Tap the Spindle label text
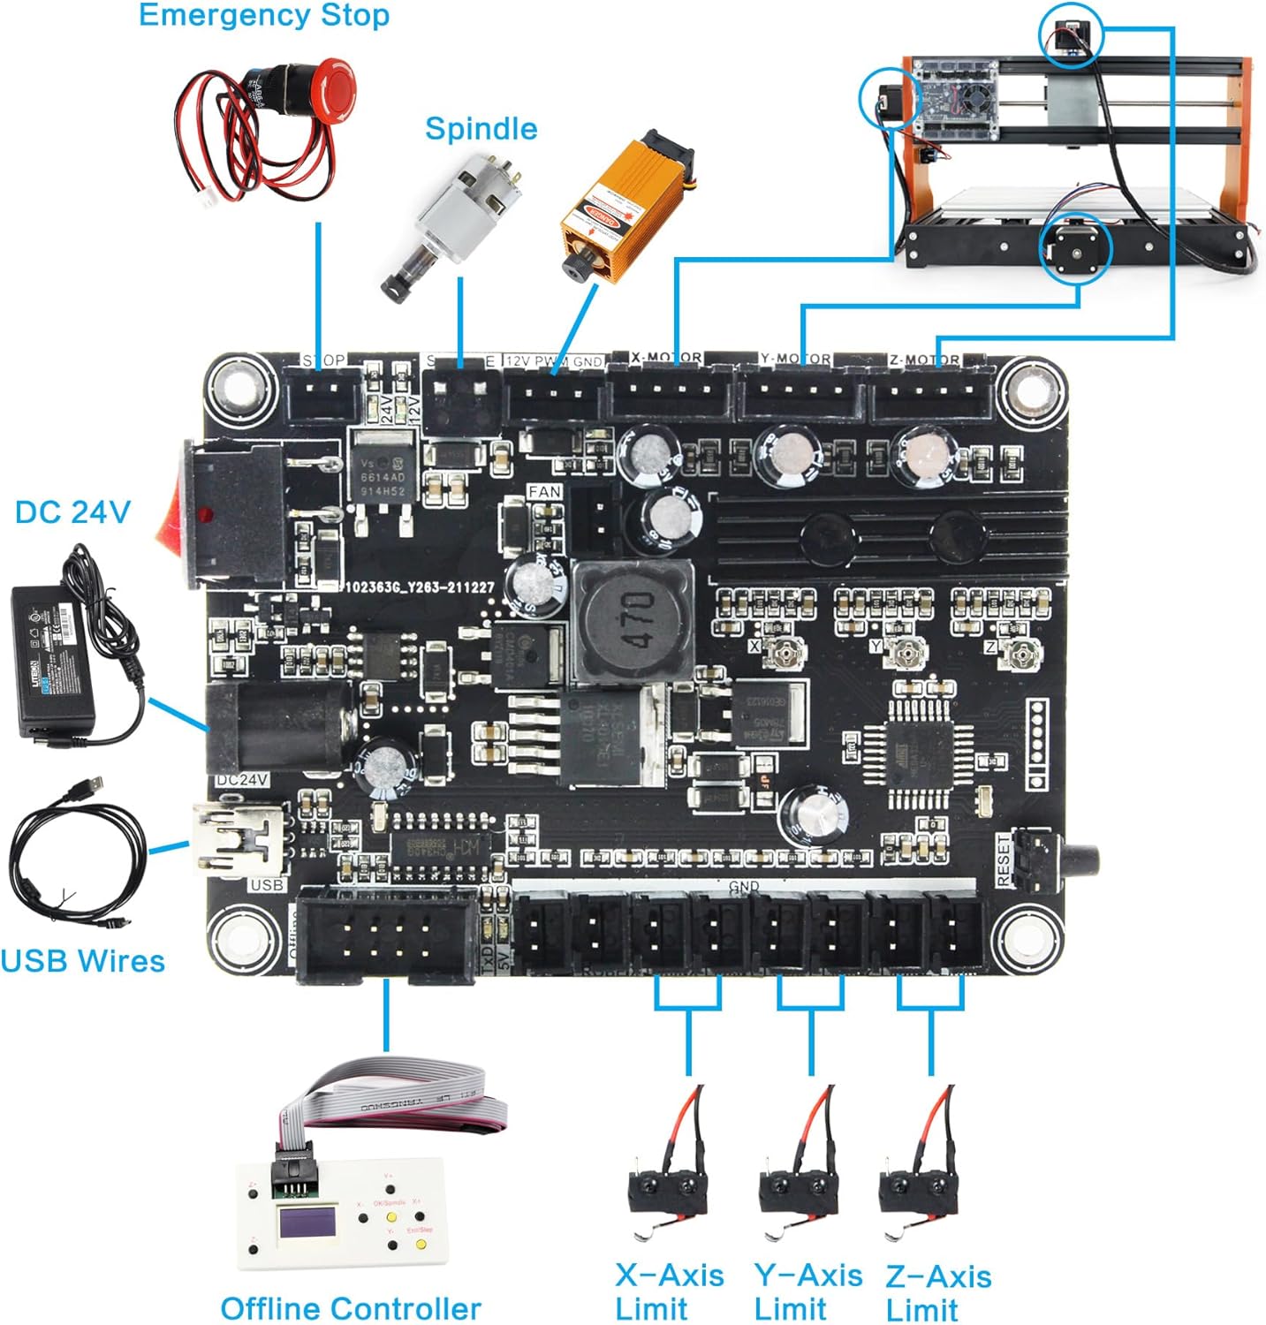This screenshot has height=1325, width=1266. point(481,129)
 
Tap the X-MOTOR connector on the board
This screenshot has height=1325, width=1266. point(669,393)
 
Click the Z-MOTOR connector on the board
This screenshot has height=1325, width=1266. point(933,393)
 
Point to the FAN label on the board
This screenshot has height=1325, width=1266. point(544,491)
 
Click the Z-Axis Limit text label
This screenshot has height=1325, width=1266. point(937,1292)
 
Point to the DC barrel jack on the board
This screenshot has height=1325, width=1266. point(274,724)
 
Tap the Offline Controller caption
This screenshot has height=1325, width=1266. point(350,1308)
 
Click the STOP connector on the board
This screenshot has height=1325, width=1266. point(324,392)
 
